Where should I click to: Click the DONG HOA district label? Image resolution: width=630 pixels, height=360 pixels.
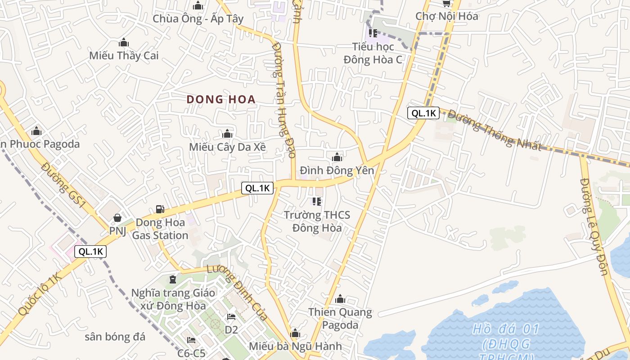click(x=221, y=99)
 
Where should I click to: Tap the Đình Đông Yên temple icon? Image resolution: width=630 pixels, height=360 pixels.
click(x=337, y=157)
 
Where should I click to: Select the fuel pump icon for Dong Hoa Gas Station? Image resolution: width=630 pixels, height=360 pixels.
click(x=160, y=209)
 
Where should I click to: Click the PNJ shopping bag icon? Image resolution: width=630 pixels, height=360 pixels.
click(x=117, y=218)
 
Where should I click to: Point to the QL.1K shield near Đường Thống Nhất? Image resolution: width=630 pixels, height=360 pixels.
click(x=423, y=113)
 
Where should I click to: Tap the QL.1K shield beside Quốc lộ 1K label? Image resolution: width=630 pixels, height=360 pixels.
click(x=91, y=252)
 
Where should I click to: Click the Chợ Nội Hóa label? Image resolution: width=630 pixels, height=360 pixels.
click(x=446, y=16)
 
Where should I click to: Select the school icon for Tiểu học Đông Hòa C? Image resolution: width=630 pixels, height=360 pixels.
click(x=373, y=33)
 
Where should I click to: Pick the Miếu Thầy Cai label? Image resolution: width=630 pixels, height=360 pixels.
click(x=124, y=56)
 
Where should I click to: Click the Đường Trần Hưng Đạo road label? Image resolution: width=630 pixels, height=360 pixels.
click(x=284, y=99)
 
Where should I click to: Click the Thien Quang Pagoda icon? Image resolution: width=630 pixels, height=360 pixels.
click(x=340, y=299)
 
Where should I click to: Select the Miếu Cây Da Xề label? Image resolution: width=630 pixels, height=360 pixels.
click(x=227, y=147)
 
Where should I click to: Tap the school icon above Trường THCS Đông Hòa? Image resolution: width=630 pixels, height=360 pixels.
click(x=317, y=202)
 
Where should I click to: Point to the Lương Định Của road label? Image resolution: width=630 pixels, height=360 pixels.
click(x=237, y=292)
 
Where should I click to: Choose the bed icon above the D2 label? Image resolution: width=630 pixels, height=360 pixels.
click(x=231, y=317)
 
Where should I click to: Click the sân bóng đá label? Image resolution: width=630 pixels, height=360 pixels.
click(x=115, y=337)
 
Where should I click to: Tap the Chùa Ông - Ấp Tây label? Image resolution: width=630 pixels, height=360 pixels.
click(x=198, y=18)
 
